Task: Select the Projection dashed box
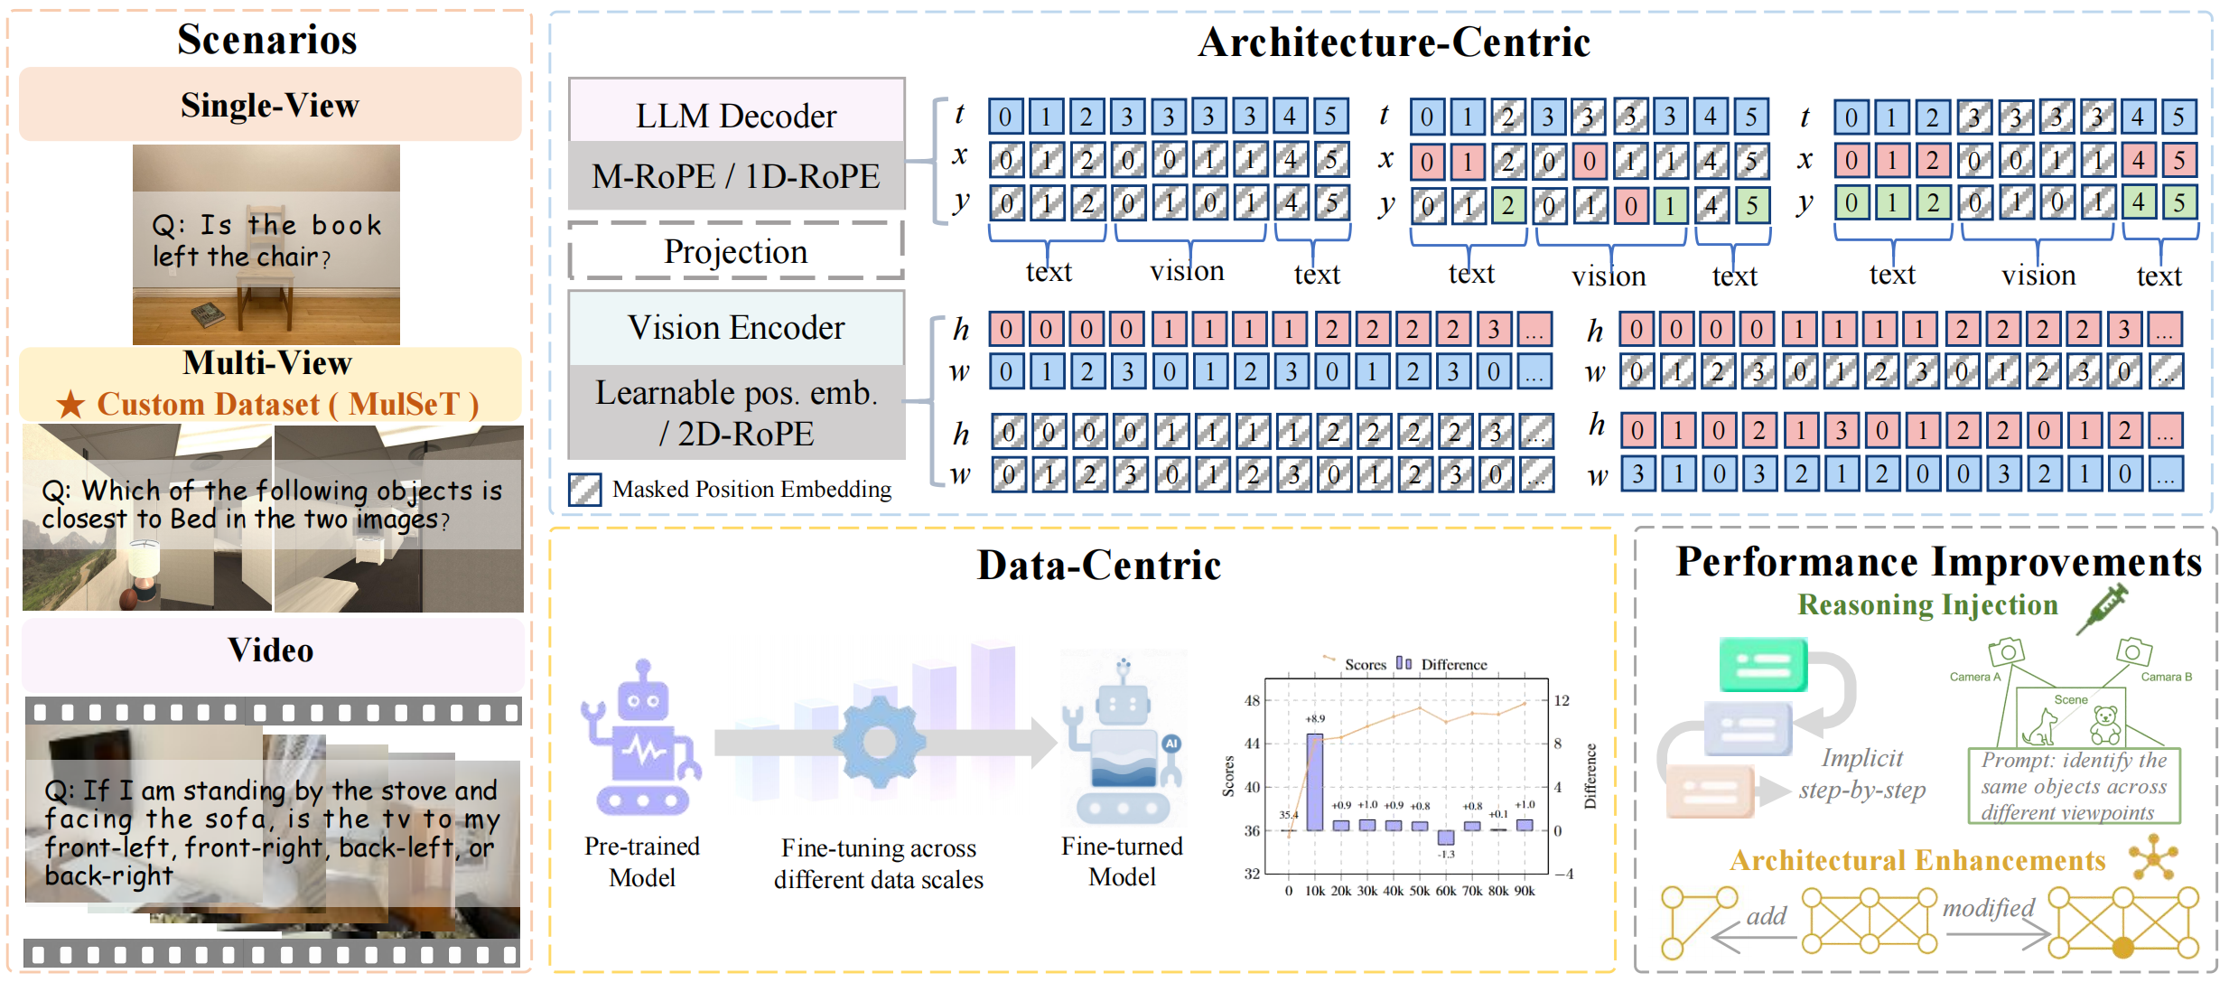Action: (x=736, y=250)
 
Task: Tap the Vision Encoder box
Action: (x=736, y=328)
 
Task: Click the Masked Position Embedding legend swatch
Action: (x=584, y=489)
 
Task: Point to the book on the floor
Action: (x=209, y=314)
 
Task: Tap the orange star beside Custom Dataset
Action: (x=71, y=404)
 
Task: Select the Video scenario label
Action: (x=271, y=650)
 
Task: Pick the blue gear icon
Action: (x=879, y=743)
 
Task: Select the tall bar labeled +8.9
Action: (x=1315, y=781)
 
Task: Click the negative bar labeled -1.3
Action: (x=1446, y=838)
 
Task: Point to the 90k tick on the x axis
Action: (x=1525, y=891)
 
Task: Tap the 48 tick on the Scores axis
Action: (x=1252, y=700)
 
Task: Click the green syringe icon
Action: (x=2102, y=608)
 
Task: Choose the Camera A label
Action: (x=1975, y=677)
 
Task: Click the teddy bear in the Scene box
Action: (x=2104, y=725)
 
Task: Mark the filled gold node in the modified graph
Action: (x=2122, y=948)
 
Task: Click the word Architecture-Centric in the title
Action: (x=1394, y=42)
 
